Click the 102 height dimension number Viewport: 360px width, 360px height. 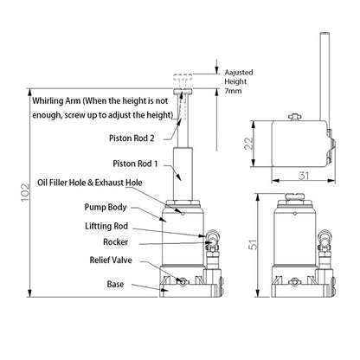pyautogui.click(x=25, y=192)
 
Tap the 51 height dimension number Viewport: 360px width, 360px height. pyautogui.click(x=253, y=245)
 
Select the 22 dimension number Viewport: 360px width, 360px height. pyautogui.click(x=248, y=143)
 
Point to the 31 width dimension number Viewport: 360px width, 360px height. pyautogui.click(x=304, y=176)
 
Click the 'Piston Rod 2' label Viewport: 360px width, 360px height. pyautogui.click(x=132, y=138)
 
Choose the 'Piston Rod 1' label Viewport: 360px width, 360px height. pyautogui.click(x=135, y=164)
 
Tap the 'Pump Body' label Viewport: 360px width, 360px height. pyautogui.click(x=106, y=208)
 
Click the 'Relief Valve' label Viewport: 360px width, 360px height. pyautogui.click(x=111, y=260)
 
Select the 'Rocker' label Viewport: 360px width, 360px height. pyautogui.click(x=115, y=242)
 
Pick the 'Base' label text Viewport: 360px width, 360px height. pyautogui.click(x=115, y=284)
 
